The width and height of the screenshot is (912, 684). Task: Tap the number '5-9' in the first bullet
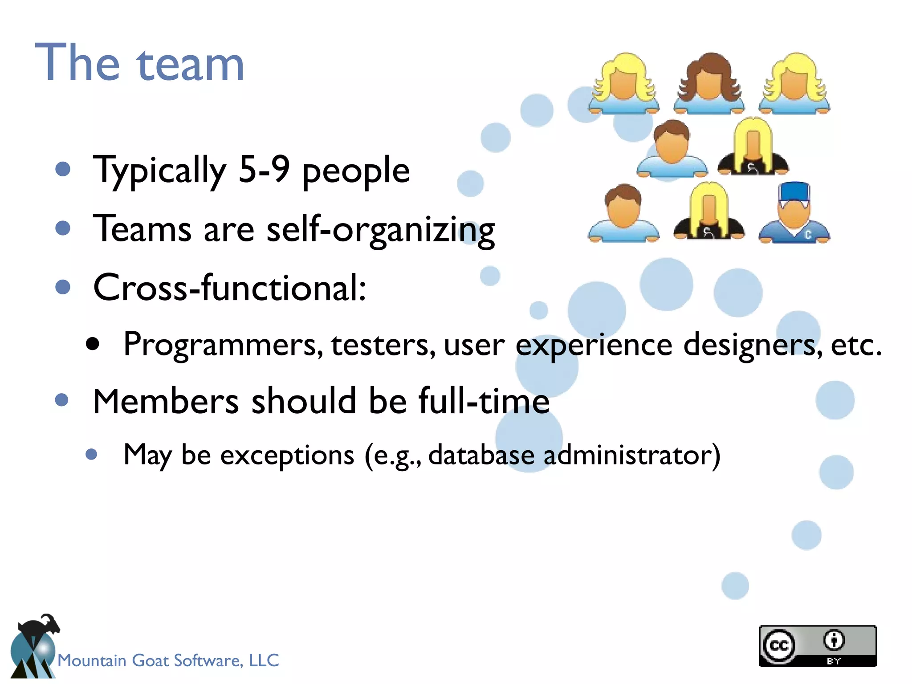click(264, 170)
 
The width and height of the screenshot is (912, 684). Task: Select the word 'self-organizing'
click(380, 229)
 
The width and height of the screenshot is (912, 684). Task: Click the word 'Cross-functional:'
click(229, 288)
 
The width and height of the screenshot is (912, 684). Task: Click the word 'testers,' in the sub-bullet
click(383, 345)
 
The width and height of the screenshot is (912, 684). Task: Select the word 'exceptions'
click(287, 455)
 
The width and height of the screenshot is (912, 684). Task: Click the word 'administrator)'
click(631, 455)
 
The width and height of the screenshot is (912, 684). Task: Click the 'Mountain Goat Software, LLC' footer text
click(168, 660)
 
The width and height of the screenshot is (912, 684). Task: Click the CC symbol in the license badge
click(779, 645)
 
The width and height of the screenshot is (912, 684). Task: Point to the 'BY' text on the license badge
click(834, 661)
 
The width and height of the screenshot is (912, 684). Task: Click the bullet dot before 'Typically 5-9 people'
click(63, 169)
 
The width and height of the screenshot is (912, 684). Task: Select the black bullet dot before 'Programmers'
click(93, 344)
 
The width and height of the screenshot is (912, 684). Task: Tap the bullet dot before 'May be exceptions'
click(91, 454)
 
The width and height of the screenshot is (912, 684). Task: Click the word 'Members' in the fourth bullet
click(166, 401)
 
